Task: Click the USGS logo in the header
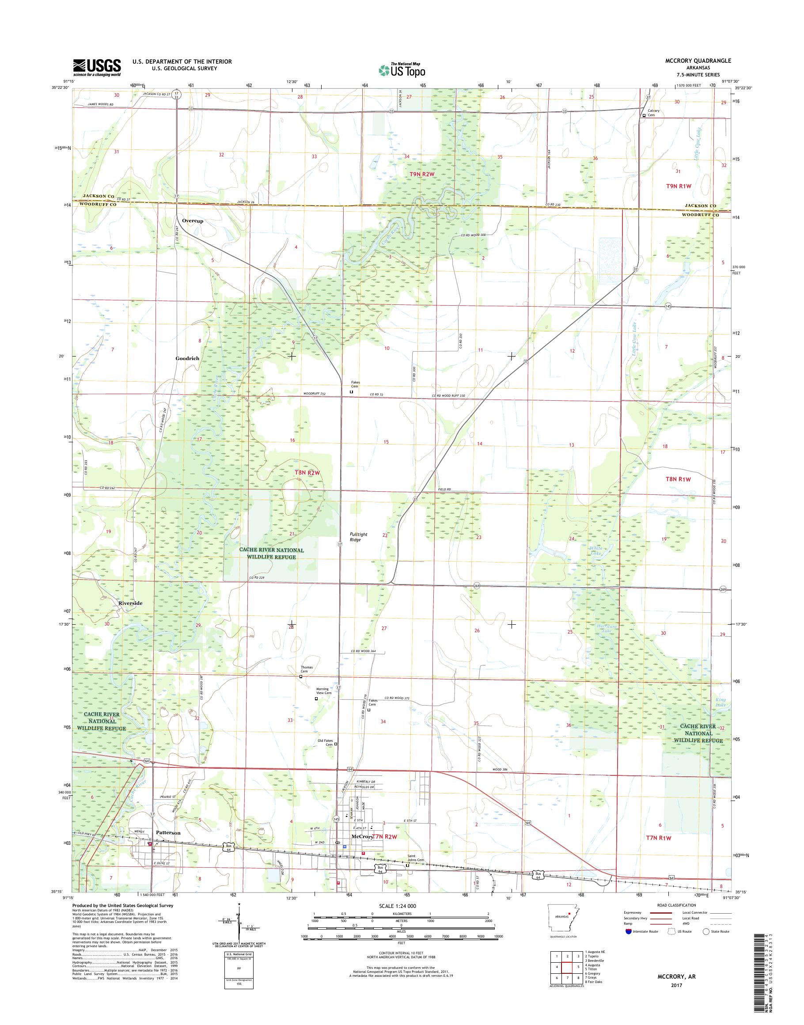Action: coord(96,67)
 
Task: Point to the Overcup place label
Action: coord(193,220)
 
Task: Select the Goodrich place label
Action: coord(187,358)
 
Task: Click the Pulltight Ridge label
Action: coord(359,537)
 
